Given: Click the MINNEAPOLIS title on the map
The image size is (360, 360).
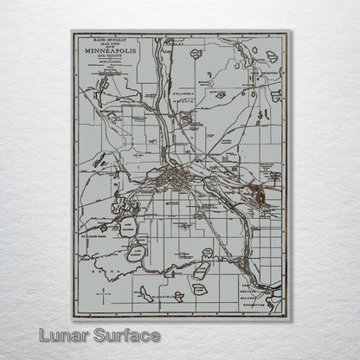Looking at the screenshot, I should (x=108, y=50).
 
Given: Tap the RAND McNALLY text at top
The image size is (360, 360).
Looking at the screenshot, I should (x=108, y=38).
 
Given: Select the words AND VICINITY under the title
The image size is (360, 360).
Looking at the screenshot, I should (x=108, y=56).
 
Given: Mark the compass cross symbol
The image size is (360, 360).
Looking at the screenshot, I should (x=105, y=296).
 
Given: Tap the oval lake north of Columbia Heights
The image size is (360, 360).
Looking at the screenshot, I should (x=196, y=54).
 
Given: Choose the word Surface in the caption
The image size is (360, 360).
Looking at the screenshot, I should (x=125, y=334).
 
